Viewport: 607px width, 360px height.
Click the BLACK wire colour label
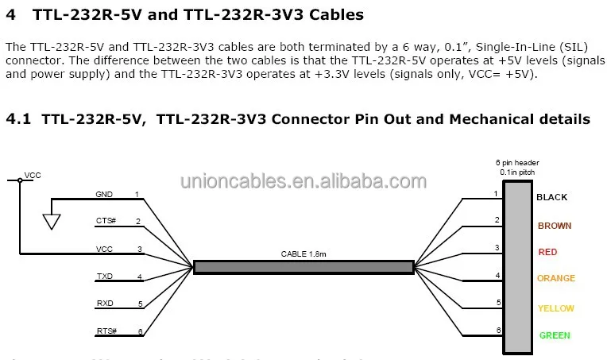click(552, 197)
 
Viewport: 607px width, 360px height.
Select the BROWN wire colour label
click(555, 226)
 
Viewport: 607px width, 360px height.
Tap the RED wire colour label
click(547, 252)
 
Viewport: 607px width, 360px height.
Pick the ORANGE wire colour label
click(556, 279)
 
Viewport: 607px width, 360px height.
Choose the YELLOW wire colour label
click(555, 308)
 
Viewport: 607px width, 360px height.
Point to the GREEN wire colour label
click(555, 335)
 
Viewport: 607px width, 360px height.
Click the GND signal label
click(104, 195)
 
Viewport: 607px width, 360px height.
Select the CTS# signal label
click(106, 222)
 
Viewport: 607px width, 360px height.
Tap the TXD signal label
click(104, 277)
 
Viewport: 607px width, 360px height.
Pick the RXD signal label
click(105, 304)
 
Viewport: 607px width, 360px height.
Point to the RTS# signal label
click(106, 331)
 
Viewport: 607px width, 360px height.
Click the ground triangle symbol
click(51, 220)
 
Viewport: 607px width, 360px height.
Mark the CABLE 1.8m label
click(303, 254)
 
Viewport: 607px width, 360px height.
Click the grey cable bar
click(303, 267)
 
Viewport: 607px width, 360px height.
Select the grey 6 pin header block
click(518, 267)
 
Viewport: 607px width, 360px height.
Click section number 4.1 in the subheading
click(17, 119)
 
